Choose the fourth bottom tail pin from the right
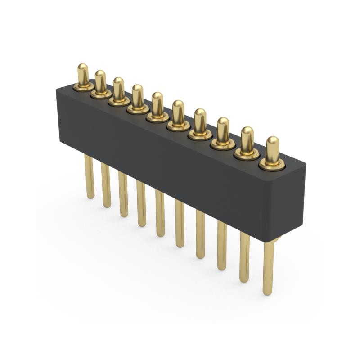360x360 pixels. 200,234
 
